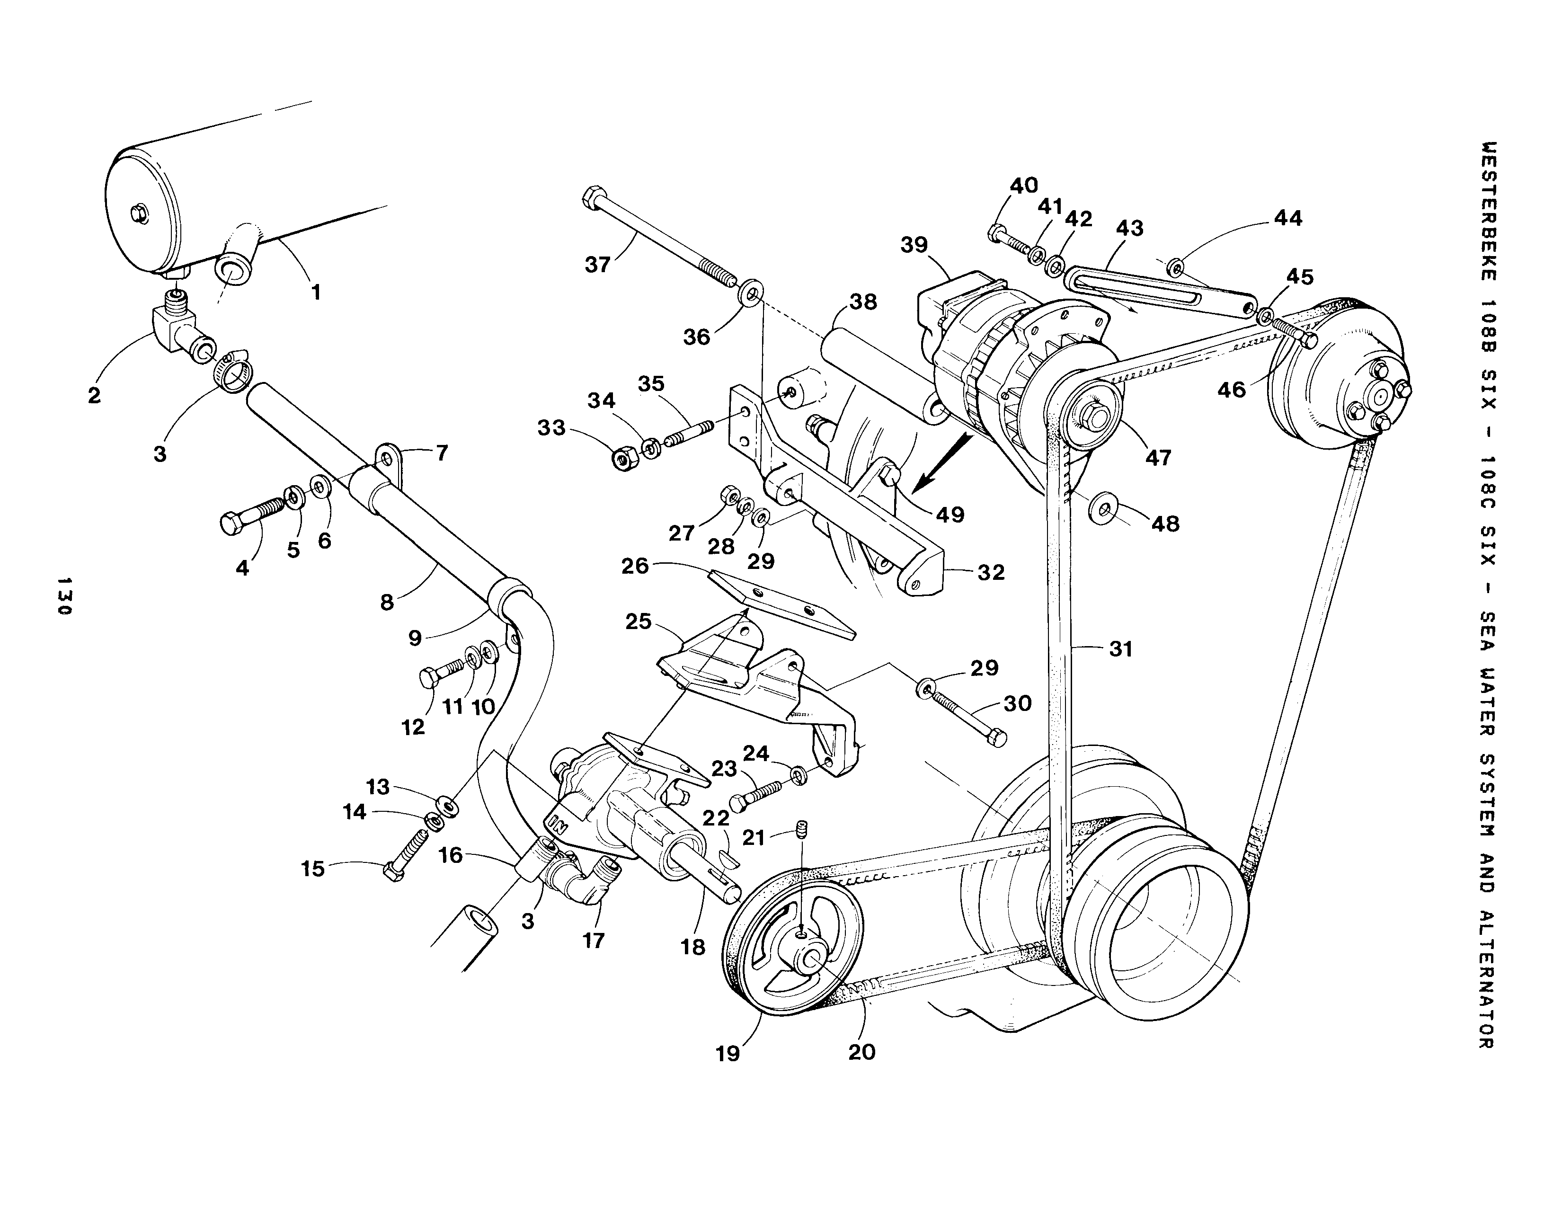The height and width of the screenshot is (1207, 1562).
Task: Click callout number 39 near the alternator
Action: pos(914,245)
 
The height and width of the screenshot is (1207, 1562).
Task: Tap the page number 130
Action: pos(64,595)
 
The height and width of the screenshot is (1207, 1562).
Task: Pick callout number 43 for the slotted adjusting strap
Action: pos(1129,228)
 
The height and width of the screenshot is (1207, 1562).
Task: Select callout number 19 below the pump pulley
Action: pos(728,1053)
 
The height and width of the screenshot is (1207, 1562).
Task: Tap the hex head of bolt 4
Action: pos(231,524)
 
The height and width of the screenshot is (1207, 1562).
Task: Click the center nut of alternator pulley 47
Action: pos(1089,415)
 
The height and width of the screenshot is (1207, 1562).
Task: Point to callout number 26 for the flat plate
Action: pos(634,566)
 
